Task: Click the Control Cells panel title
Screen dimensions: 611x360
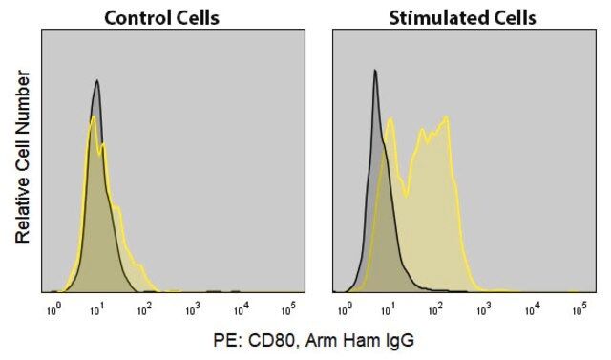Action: (161, 18)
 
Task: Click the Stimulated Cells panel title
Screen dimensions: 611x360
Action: (462, 18)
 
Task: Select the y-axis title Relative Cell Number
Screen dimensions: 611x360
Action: (23, 157)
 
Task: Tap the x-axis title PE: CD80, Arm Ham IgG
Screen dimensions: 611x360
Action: (314, 340)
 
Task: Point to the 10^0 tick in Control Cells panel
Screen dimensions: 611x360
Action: (54, 310)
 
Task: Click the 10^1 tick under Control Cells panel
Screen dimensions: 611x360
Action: (96, 310)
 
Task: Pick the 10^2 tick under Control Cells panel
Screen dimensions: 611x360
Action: (144, 310)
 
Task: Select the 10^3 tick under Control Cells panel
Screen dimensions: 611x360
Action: (193, 310)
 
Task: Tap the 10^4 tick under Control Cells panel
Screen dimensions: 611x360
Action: (242, 310)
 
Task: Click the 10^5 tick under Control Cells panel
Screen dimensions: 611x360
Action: (288, 310)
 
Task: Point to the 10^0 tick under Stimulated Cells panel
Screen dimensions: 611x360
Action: (345, 310)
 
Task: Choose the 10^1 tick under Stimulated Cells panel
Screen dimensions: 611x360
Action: (388, 310)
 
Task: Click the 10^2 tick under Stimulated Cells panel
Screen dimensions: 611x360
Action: (435, 310)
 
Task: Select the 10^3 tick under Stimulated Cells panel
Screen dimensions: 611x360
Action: (484, 310)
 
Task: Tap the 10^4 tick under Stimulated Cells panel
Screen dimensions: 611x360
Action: (533, 310)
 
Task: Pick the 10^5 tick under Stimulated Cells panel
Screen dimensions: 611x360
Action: (579, 310)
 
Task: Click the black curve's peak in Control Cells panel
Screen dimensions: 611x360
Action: (97, 80)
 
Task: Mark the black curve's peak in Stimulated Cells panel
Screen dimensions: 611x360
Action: (375, 70)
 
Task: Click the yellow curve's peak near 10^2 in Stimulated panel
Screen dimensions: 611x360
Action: (447, 116)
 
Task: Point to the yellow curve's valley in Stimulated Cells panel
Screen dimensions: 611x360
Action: (406, 196)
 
